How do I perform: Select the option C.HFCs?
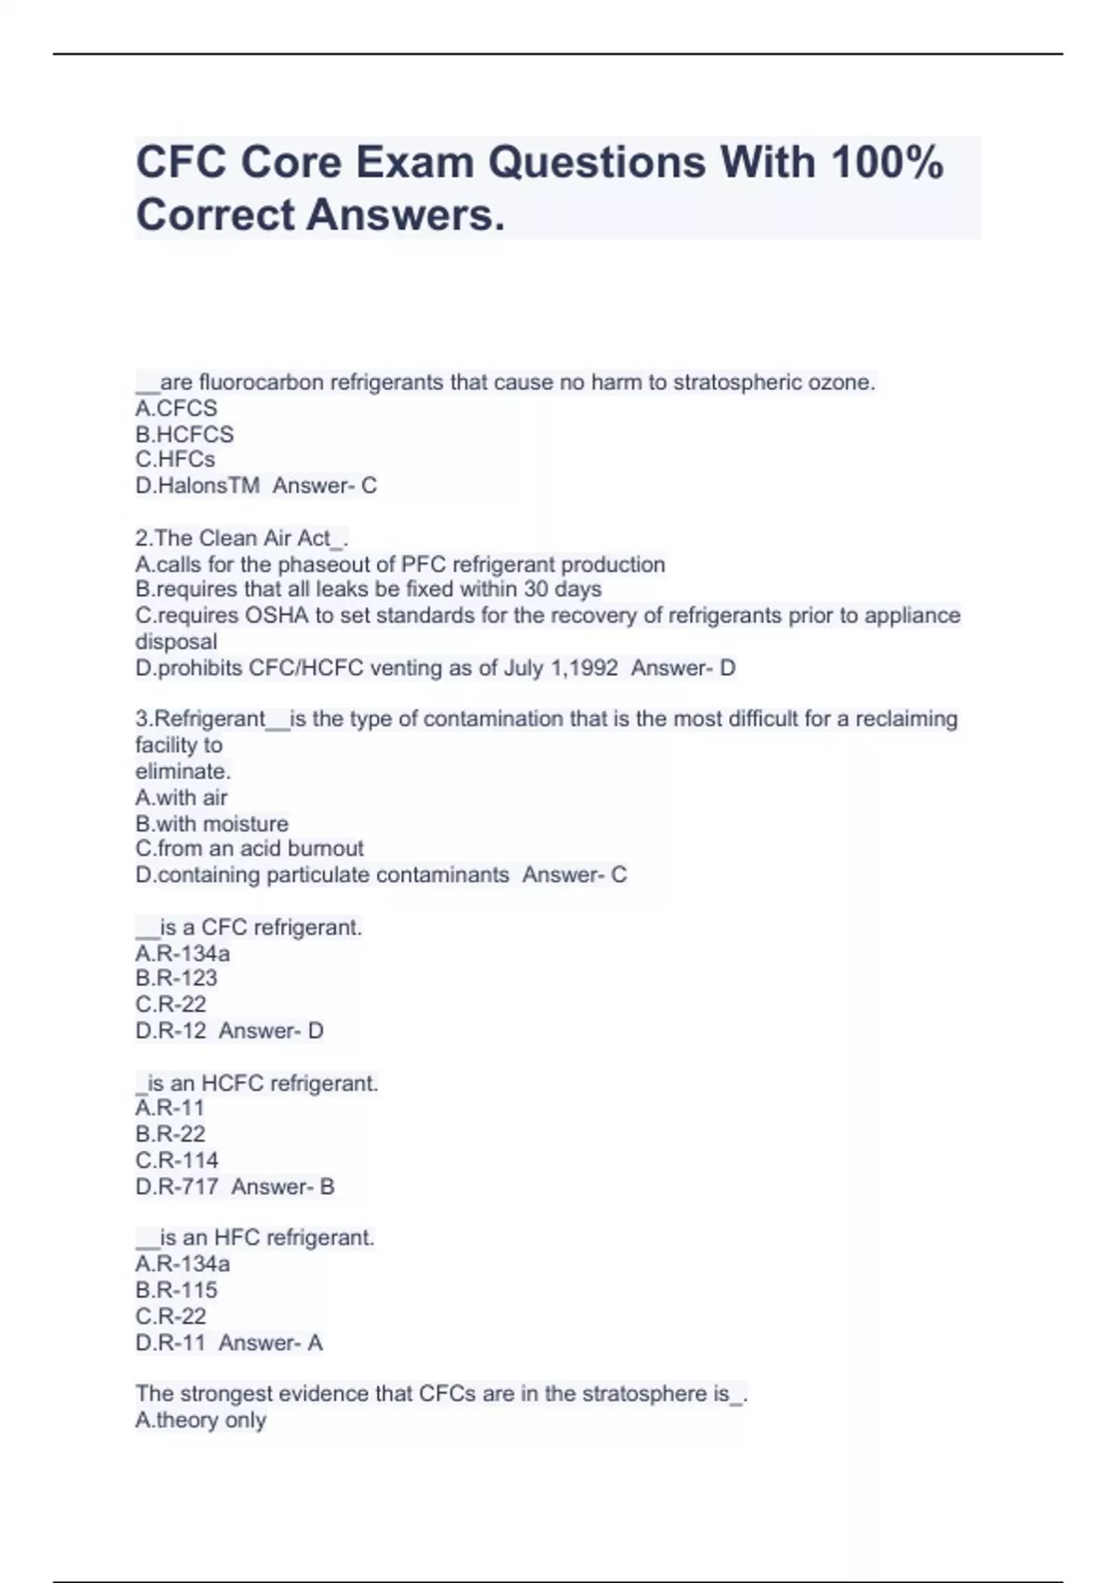pos(175,459)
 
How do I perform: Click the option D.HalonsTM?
pos(197,485)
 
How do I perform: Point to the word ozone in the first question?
pos(845,382)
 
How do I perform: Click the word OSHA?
pos(276,616)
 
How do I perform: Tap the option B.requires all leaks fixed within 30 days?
pos(369,589)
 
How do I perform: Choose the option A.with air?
pos(182,797)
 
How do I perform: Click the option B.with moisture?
pos(212,823)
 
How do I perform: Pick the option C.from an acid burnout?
pos(249,848)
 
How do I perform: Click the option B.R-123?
pos(176,978)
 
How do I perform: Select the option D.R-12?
pos(171,1031)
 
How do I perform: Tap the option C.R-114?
pos(177,1160)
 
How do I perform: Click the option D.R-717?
pos(177,1186)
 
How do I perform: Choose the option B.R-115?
pos(176,1290)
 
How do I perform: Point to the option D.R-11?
pos(170,1343)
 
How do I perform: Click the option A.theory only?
pos(201,1420)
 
